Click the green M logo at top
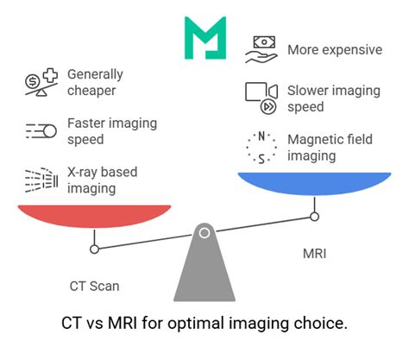(204, 38)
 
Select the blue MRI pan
(314, 183)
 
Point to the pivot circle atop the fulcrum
(204, 232)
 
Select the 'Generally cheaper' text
(95, 83)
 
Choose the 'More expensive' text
(335, 49)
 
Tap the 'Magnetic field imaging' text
(335, 148)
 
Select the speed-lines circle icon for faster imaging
(41, 131)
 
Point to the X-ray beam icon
(40, 180)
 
